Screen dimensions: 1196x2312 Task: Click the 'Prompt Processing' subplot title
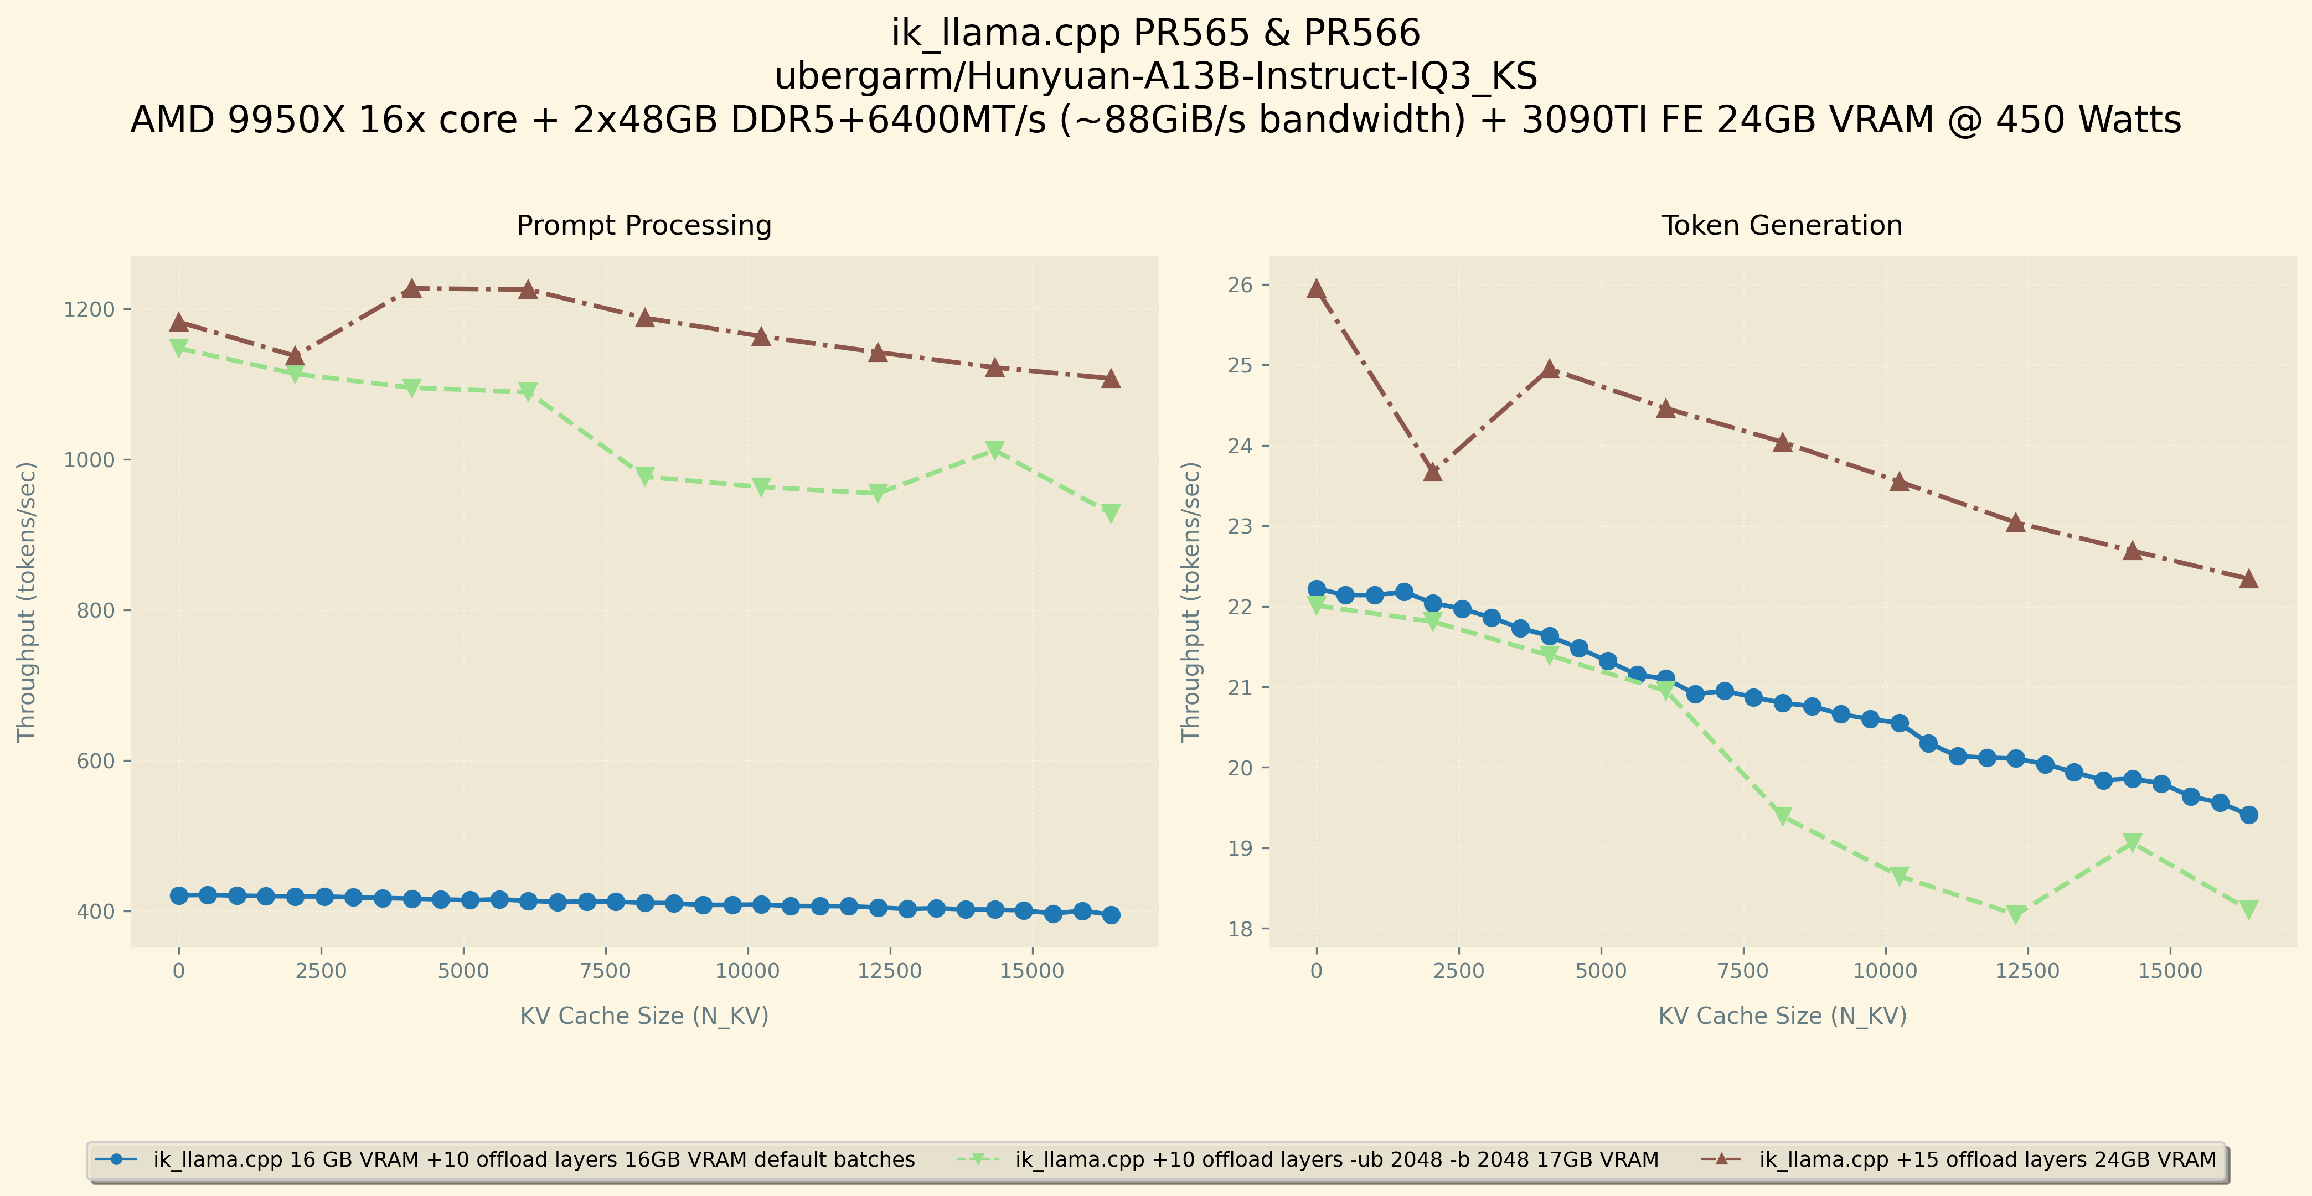click(643, 225)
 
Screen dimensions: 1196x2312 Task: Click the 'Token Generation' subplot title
click(1782, 225)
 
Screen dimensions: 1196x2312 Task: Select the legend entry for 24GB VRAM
click(1987, 1159)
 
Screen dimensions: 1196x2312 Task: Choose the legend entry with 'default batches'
click(533, 1159)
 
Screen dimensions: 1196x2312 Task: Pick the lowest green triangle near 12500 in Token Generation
click(2016, 914)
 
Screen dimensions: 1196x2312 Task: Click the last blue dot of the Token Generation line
click(2248, 815)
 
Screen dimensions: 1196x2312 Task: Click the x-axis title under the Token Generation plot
click(1782, 1016)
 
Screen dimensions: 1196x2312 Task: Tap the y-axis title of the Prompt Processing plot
click(27, 601)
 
